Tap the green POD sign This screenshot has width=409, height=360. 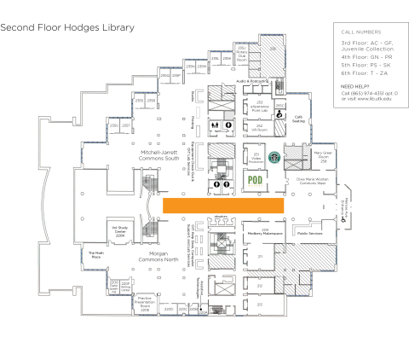click(254, 180)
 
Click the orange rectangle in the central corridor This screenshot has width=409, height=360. click(222, 206)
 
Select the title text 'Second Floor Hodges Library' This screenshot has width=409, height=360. click(67, 27)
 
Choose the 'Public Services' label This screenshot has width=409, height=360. click(308, 231)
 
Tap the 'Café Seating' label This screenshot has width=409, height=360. click(299, 119)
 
